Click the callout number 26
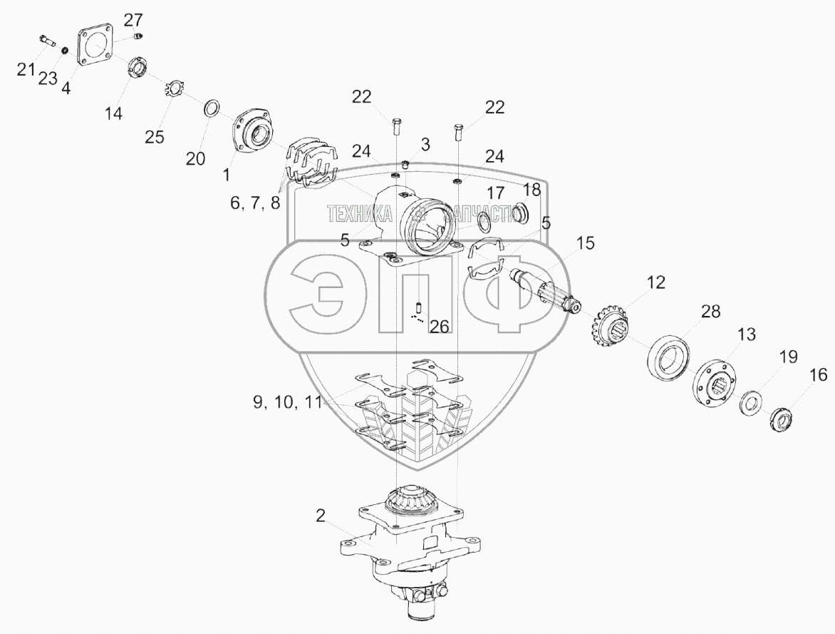pyautogui.click(x=439, y=327)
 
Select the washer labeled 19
pyautogui.click(x=751, y=403)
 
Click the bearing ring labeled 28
pyautogui.click(x=669, y=355)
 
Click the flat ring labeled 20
pyautogui.click(x=212, y=110)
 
